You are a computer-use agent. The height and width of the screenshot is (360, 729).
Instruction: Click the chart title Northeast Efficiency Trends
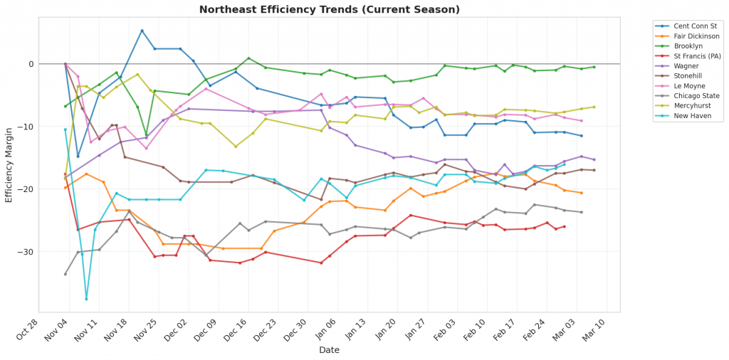pyautogui.click(x=329, y=9)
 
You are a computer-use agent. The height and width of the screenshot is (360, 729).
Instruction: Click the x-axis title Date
pyautogui.click(x=329, y=350)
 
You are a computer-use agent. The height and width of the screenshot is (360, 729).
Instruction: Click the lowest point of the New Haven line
pyautogui.click(x=87, y=299)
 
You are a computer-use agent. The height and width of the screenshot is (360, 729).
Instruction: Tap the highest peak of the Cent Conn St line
pyautogui.click(x=142, y=31)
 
